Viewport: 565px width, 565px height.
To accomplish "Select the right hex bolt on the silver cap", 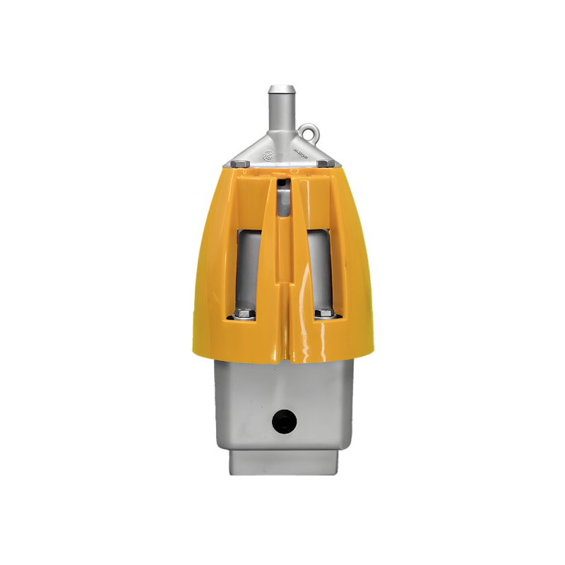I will click(x=322, y=164).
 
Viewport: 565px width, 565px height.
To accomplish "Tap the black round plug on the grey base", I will click(x=285, y=422).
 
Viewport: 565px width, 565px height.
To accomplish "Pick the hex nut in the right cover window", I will click(x=323, y=314).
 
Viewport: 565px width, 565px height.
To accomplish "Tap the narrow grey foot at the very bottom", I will click(x=282, y=462).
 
